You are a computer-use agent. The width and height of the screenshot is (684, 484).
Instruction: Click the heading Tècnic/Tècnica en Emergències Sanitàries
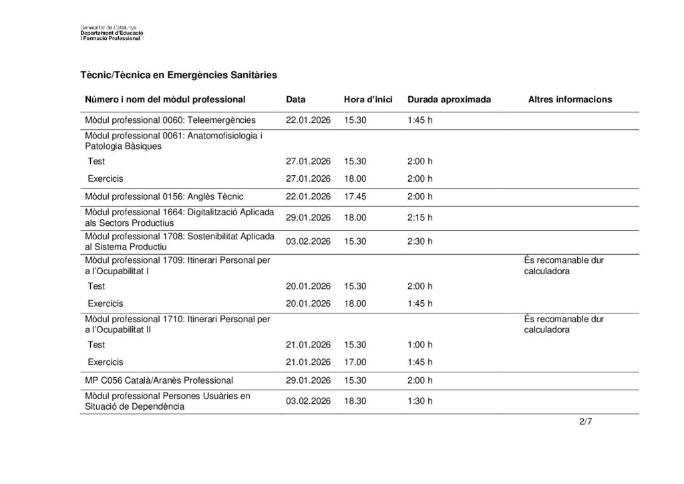[x=178, y=76]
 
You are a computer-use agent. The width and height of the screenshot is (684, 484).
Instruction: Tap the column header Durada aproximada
[x=449, y=100]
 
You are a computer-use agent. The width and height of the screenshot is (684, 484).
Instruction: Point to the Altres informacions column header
[x=570, y=100]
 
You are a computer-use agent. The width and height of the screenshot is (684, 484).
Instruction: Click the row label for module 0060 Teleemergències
[x=170, y=121]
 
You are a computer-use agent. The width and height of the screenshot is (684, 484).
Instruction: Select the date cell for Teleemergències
[x=308, y=121]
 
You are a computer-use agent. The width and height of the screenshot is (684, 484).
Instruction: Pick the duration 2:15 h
[x=419, y=218]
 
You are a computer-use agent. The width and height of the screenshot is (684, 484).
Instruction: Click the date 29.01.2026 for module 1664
[x=308, y=218]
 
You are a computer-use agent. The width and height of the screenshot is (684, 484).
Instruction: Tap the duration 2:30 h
[x=419, y=241]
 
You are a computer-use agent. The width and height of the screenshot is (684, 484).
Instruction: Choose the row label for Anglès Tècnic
[x=164, y=197]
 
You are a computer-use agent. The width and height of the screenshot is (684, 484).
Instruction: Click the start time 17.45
[x=355, y=197]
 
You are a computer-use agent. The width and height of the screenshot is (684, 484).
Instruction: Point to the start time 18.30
[x=355, y=401]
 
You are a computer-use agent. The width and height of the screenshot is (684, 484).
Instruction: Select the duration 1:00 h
[x=419, y=345]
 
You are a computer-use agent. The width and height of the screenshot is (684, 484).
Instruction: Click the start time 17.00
[x=355, y=362]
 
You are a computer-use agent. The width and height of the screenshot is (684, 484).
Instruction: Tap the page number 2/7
[x=586, y=422]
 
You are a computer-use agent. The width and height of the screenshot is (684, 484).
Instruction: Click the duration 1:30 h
[x=419, y=401]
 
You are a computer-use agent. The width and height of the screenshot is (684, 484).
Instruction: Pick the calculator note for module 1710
[x=564, y=324]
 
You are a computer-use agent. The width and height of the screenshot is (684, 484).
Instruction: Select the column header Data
[x=295, y=100]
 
